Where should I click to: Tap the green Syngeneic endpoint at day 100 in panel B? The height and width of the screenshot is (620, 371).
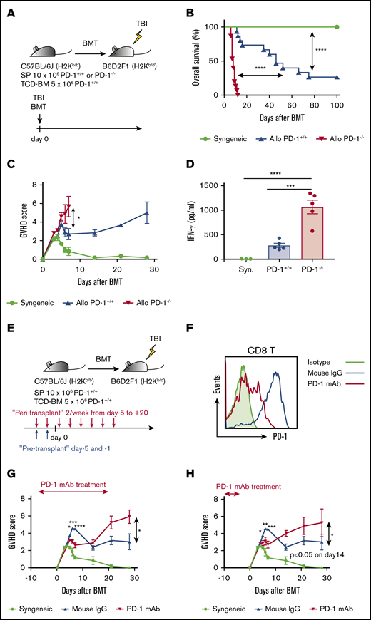pos(336,27)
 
